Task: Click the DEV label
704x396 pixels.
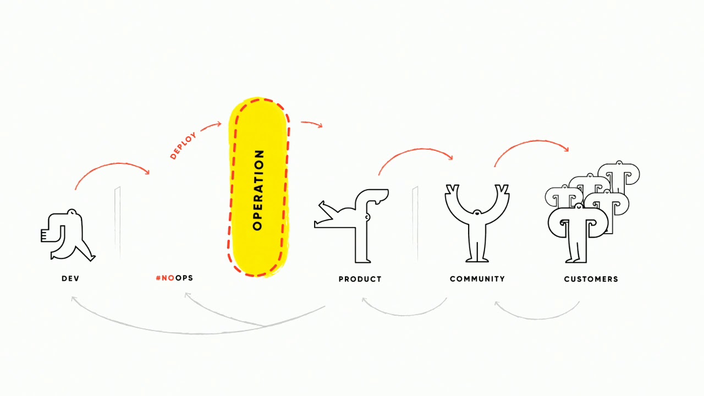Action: (x=70, y=278)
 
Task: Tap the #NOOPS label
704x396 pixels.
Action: (x=174, y=278)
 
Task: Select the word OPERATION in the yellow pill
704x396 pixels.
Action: (x=258, y=190)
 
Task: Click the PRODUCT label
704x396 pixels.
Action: (x=360, y=279)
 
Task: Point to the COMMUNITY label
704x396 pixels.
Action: (x=477, y=279)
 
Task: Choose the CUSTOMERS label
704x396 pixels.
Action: (x=591, y=279)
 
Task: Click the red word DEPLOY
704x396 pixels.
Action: (x=183, y=145)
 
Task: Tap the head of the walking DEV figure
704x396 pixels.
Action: (x=72, y=212)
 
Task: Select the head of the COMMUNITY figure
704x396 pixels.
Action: (x=477, y=213)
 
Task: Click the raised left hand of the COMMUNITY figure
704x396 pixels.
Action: (x=452, y=189)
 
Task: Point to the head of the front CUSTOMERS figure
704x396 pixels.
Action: (x=578, y=206)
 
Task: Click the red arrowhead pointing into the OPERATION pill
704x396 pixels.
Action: (x=218, y=124)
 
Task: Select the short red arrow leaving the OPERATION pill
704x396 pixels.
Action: (x=311, y=124)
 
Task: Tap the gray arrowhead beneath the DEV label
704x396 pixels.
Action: (x=74, y=299)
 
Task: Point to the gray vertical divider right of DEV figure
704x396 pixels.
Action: (x=118, y=223)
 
